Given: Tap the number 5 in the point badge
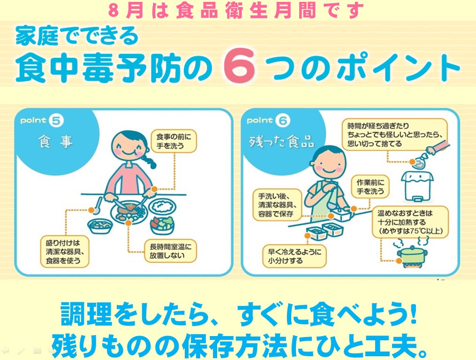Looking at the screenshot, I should click(56, 121).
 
